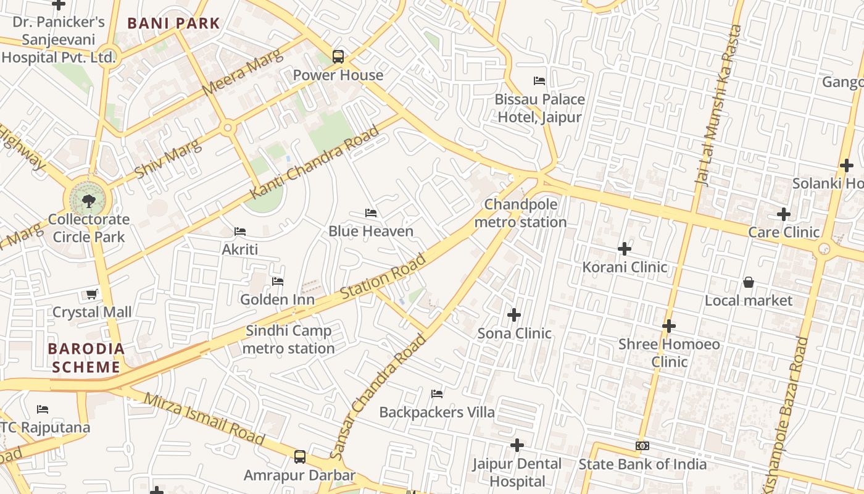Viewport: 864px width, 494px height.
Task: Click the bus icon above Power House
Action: click(338, 57)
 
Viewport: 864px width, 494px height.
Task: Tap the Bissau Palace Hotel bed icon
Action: click(539, 81)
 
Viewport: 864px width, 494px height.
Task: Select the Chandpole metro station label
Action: click(520, 213)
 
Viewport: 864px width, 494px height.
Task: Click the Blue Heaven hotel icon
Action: click(371, 213)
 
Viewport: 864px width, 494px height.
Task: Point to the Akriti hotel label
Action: click(240, 249)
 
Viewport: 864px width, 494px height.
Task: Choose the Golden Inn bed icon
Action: click(278, 282)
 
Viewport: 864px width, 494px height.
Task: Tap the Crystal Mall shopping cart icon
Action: click(92, 295)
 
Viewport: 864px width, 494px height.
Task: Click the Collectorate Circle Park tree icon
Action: click(89, 201)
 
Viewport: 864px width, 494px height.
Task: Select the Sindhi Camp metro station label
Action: click(289, 340)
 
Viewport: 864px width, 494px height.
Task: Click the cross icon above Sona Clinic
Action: click(514, 316)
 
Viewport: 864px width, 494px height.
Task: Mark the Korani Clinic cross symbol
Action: click(625, 249)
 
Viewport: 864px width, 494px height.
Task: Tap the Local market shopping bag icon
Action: click(749, 282)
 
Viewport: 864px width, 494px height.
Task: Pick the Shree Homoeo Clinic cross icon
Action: click(669, 325)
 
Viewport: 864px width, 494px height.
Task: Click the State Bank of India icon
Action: click(642, 446)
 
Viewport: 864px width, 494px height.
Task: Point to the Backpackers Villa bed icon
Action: click(437, 394)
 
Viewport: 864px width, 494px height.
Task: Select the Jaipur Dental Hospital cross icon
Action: click(517, 445)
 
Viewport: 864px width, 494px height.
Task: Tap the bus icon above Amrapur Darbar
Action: click(300, 457)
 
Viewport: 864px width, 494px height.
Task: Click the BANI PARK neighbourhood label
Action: click(173, 23)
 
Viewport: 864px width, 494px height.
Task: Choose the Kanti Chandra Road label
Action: click(314, 163)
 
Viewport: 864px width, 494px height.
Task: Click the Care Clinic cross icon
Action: click(784, 214)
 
